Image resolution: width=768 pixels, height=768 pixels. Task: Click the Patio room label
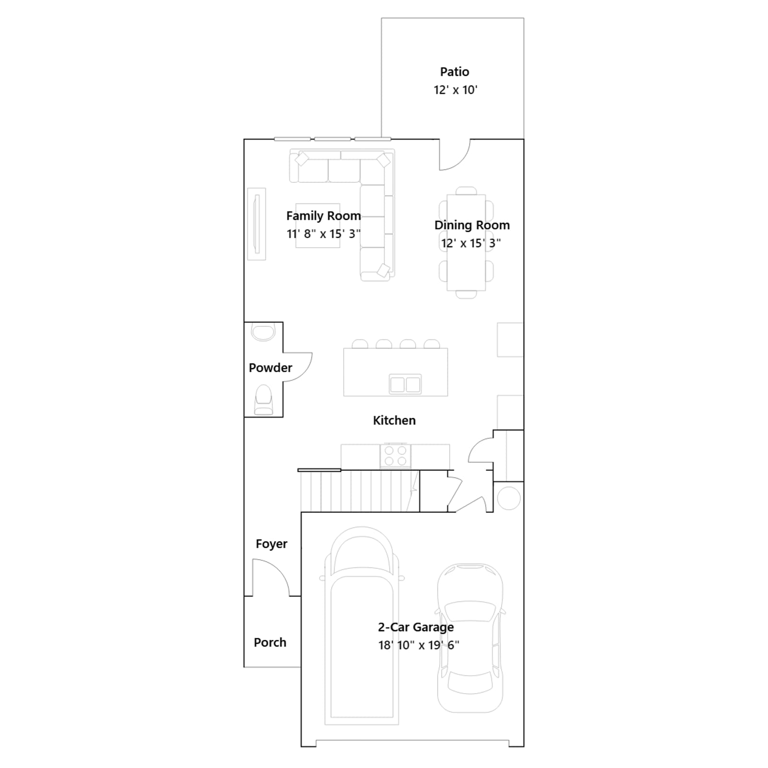(455, 72)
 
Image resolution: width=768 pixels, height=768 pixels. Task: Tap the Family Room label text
(324, 216)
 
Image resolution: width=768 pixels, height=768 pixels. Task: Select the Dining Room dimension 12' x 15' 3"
(471, 243)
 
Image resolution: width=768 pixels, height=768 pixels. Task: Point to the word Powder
(270, 368)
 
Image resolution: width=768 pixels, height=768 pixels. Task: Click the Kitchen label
(394, 420)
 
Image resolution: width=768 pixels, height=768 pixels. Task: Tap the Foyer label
(271, 544)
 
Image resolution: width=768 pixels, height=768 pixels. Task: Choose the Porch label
(270, 642)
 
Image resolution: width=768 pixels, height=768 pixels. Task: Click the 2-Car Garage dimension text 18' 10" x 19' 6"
(419, 645)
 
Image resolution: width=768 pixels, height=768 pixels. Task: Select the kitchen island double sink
(406, 384)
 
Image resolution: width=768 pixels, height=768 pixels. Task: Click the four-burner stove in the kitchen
(396, 456)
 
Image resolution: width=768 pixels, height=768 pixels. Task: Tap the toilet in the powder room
(263, 399)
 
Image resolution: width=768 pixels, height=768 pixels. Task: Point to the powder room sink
(263, 332)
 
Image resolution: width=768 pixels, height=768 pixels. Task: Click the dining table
(466, 242)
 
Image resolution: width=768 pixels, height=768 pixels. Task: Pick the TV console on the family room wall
(256, 224)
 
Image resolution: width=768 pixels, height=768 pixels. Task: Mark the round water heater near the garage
(509, 498)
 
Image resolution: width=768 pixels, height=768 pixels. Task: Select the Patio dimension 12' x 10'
(456, 90)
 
